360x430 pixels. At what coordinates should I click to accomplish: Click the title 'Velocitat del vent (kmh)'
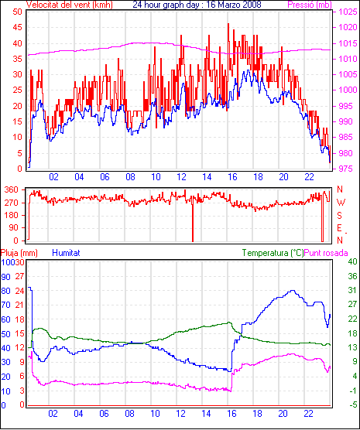pyautogui.click(x=70, y=5)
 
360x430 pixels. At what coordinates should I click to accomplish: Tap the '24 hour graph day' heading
pyautogui.click(x=166, y=5)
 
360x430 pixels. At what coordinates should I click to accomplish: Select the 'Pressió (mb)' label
pyautogui.click(x=310, y=5)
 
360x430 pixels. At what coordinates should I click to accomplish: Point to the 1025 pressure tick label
pyautogui.click(x=348, y=12)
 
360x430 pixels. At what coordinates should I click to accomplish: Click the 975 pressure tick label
pyautogui.click(x=348, y=169)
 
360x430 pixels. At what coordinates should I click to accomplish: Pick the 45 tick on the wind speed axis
pyautogui.click(x=17, y=27)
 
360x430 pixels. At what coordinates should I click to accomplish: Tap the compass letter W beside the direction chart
pyautogui.click(x=341, y=203)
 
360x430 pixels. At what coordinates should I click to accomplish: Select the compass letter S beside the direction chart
pyautogui.click(x=339, y=216)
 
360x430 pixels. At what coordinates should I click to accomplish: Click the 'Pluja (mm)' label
pyautogui.click(x=19, y=253)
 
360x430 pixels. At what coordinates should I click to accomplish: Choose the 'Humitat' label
pyautogui.click(x=66, y=253)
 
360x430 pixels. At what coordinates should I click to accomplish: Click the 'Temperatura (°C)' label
pyautogui.click(x=273, y=253)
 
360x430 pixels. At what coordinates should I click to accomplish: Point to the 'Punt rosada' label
pyautogui.click(x=326, y=253)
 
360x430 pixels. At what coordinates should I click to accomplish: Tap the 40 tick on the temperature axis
pyautogui.click(x=352, y=261)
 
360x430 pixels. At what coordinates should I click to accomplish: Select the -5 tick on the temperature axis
pyautogui.click(x=352, y=404)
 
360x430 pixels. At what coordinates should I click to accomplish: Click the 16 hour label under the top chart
pyautogui.click(x=232, y=177)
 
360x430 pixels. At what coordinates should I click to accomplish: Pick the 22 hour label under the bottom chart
pyautogui.click(x=308, y=413)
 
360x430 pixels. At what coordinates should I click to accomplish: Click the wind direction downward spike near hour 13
pyautogui.click(x=193, y=220)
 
